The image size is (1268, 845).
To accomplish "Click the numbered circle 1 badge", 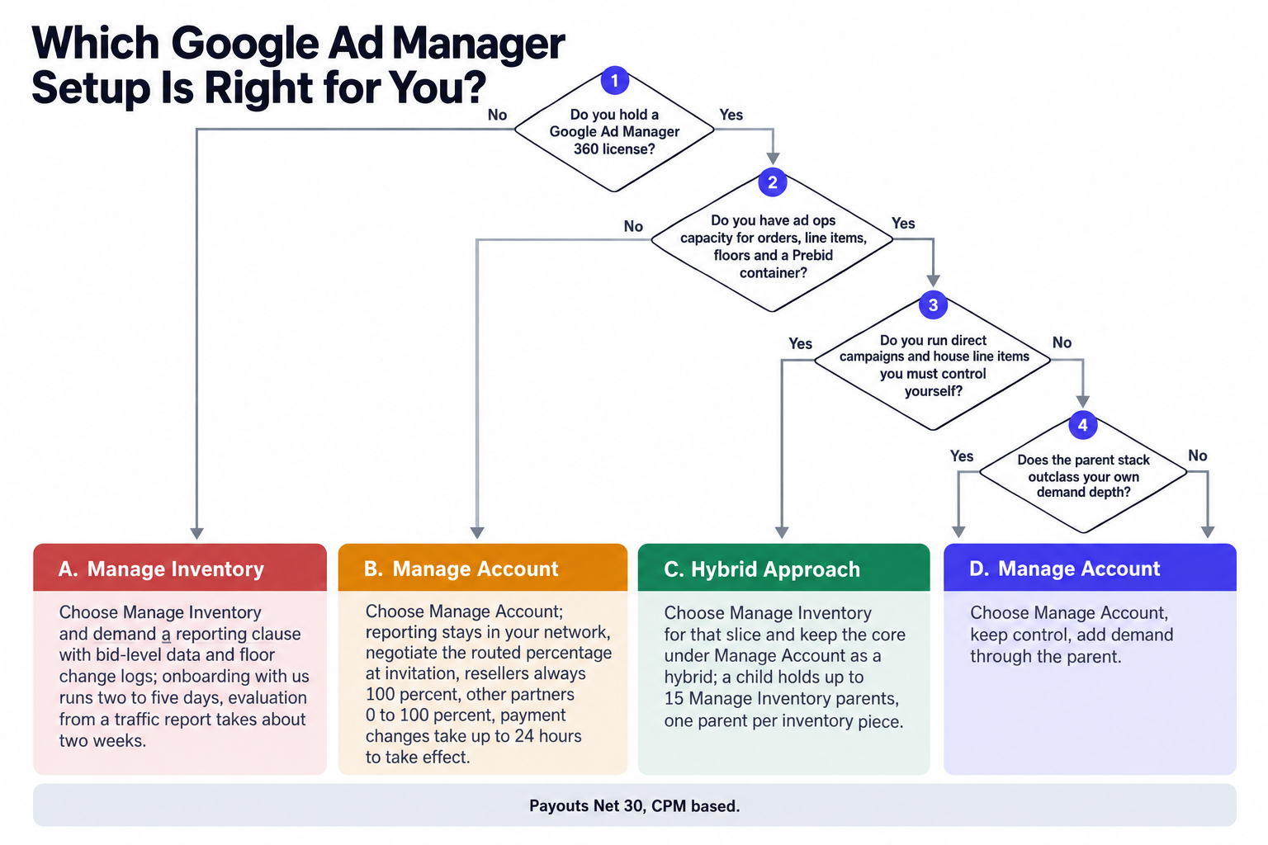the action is pos(615,80).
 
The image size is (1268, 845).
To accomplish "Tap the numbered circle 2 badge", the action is pos(773,182).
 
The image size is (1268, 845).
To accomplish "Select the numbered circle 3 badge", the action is pos(934,305).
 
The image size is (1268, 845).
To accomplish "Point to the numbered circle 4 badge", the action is pos(1083,425).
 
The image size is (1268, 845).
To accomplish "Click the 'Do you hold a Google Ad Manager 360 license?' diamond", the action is pos(614,130).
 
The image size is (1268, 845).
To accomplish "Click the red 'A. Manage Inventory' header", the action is pos(180,568).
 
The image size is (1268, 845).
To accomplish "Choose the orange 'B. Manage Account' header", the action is pos(483,568).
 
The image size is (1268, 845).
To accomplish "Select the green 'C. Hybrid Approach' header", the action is pos(784,568).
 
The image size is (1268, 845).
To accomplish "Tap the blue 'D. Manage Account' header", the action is pos(1091,568).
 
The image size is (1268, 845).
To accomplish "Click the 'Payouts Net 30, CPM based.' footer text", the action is pos(635,806).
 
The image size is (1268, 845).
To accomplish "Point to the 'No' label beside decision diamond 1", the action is pos(498,115).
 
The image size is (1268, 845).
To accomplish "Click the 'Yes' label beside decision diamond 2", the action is pos(903,224).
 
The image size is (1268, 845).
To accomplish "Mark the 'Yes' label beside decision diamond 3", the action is pos(801,343).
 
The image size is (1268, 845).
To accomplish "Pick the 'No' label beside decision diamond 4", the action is pos(1198,456).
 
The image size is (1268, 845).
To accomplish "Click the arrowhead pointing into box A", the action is pos(197,533).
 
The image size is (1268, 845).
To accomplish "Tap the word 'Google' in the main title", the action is pos(245,44).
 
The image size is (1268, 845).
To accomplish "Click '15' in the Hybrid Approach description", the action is pos(674,699).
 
